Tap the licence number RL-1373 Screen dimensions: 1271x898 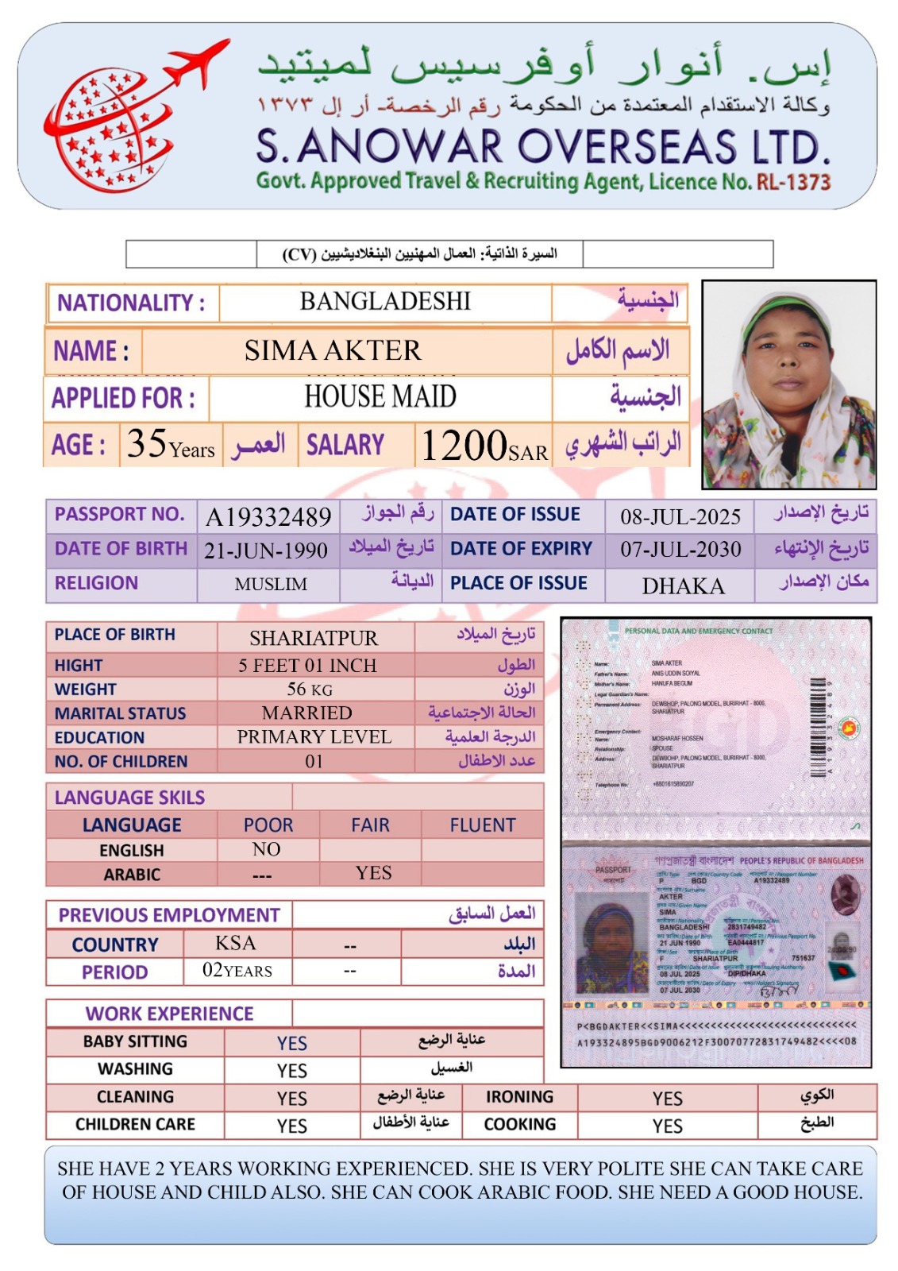[793, 182]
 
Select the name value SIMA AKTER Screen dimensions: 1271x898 [333, 350]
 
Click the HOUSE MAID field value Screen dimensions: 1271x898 [380, 396]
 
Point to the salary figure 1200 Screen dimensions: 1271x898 [464, 445]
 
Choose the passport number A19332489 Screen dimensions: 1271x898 [268, 517]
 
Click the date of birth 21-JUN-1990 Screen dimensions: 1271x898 [266, 551]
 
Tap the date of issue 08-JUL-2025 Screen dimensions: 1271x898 [680, 517]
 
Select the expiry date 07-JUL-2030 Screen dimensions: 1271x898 [680, 550]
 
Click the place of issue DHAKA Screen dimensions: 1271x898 [683, 586]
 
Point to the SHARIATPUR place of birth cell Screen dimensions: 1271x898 [314, 639]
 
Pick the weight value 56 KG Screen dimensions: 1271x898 [310, 690]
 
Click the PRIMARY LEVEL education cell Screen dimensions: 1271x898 [314, 737]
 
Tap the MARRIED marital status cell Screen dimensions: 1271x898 [307, 713]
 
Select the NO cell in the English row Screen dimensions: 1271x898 [267, 849]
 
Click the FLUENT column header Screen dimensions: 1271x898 [483, 825]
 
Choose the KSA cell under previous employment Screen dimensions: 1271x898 [236, 943]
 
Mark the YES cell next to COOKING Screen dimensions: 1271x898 [668, 1126]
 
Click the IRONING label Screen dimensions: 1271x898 [519, 1097]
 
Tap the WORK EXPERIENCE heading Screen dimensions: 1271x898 [170, 1014]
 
